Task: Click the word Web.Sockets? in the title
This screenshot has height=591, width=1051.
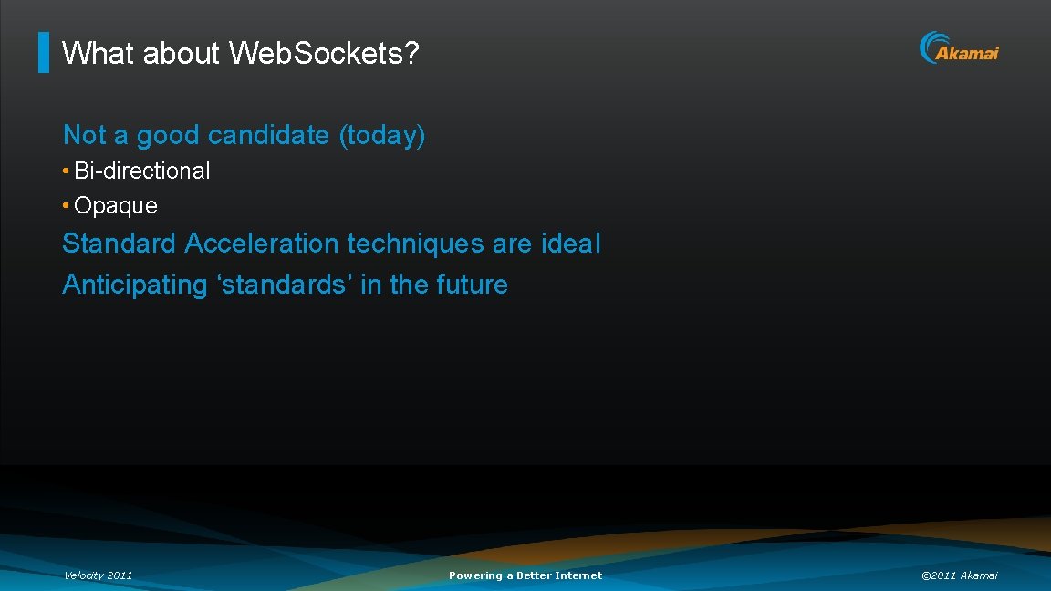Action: [323, 54]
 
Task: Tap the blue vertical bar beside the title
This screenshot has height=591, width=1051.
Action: [44, 53]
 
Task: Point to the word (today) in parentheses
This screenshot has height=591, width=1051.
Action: [381, 136]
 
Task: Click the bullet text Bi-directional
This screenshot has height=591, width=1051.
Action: [141, 171]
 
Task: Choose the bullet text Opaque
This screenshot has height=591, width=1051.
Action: [115, 206]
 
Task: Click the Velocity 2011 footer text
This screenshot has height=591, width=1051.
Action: [98, 575]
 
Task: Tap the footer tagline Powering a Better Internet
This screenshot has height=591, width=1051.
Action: [525, 575]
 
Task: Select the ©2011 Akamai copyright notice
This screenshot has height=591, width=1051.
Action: [960, 575]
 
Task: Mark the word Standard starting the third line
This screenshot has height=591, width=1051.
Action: [119, 244]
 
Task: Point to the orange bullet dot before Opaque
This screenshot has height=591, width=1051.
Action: [67, 206]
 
